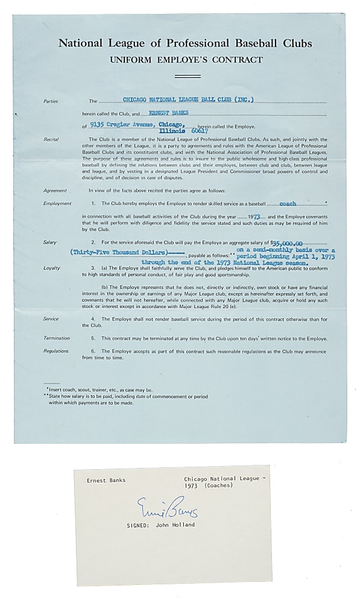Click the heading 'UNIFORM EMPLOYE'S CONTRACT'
(x=185, y=60)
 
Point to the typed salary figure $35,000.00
(x=289, y=241)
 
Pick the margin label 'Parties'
(x=51, y=101)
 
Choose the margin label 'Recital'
(x=51, y=139)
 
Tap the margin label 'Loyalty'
(x=51, y=268)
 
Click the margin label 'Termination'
(x=56, y=338)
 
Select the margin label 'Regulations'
(x=56, y=351)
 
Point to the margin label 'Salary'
(x=50, y=242)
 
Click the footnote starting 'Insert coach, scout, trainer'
(x=100, y=390)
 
